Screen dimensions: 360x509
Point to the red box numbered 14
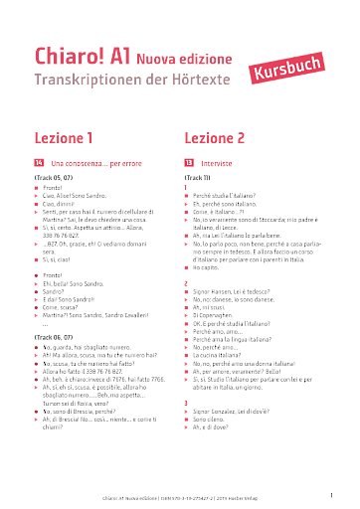[39, 161]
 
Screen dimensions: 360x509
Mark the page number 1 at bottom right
[330, 492]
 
